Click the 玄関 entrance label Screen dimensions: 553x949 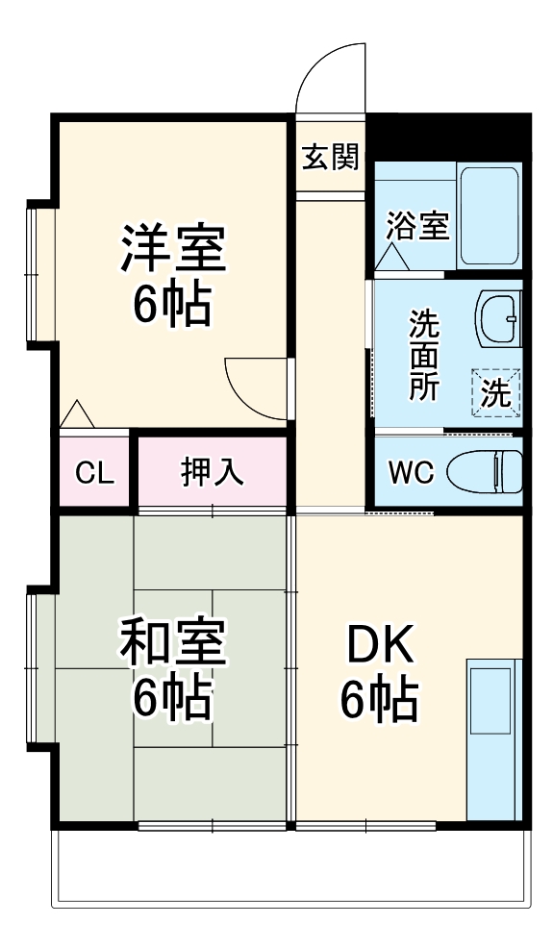(x=330, y=158)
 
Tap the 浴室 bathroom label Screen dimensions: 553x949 (x=418, y=226)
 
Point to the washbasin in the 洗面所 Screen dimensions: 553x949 (x=499, y=318)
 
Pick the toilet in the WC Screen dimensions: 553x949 (x=485, y=471)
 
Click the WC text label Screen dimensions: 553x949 (x=412, y=472)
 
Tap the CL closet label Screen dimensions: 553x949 (x=94, y=473)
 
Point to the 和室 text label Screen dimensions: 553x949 (x=173, y=641)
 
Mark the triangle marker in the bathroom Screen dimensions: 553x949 (x=391, y=258)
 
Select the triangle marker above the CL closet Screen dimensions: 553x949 (x=77, y=414)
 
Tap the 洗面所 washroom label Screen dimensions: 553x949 (x=424, y=355)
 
